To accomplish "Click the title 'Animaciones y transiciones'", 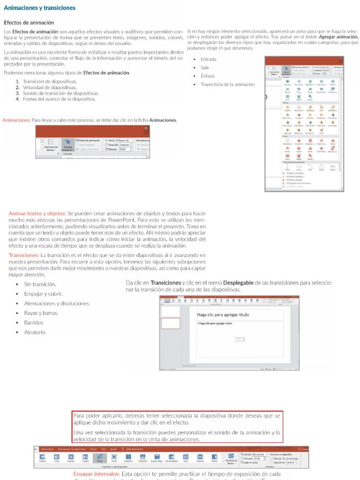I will coord(39,8).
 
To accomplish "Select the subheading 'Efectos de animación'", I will coord(29,22).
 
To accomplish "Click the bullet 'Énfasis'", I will coord(208,76).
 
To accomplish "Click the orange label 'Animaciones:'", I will coord(16,120).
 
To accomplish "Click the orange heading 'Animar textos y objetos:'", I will coord(37,213).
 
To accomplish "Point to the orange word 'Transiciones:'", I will coord(23,255).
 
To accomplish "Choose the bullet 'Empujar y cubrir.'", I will coord(43,294).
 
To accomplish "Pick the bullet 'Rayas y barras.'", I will coord(41,313).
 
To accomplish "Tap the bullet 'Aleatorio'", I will coord(35,332).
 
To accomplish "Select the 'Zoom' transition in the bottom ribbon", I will coord(114,458).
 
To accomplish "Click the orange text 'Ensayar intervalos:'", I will coord(96,474).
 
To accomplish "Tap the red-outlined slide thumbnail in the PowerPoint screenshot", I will coord(171,322).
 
